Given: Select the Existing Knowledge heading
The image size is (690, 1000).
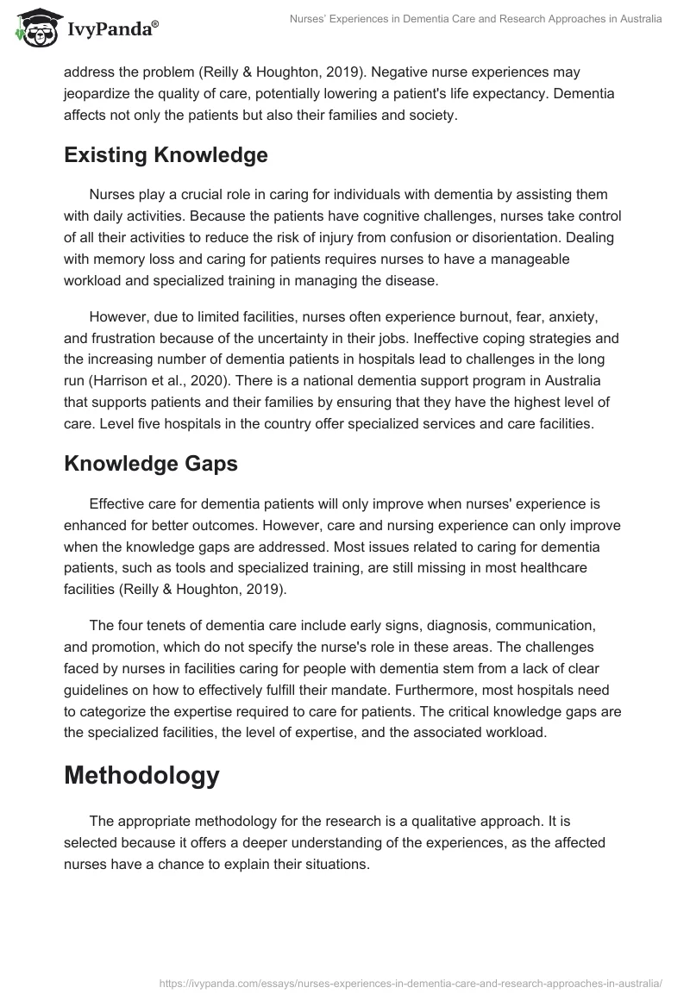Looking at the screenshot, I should click(x=166, y=155).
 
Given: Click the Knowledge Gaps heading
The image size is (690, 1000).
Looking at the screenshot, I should click(x=150, y=463).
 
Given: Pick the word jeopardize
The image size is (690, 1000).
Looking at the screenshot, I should click(x=100, y=94).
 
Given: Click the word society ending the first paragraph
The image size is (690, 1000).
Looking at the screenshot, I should click(x=429, y=114).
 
